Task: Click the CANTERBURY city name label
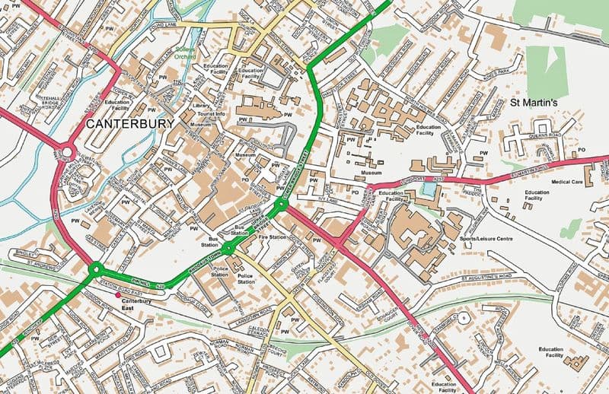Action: click(x=129, y=123)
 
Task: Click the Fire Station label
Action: click(x=272, y=237)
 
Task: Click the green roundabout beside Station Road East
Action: click(x=96, y=268)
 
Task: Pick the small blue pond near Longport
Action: click(x=431, y=187)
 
